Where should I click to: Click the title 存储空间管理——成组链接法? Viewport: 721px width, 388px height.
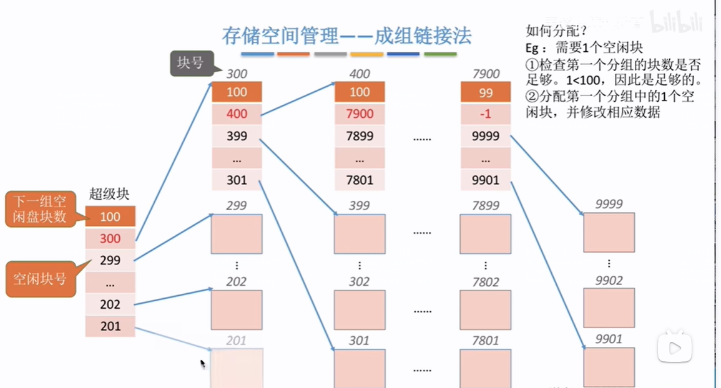pyautogui.click(x=347, y=35)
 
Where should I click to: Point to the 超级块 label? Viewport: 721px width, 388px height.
pyautogui.click(x=109, y=194)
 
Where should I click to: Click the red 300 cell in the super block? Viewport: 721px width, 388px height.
pyautogui.click(x=110, y=239)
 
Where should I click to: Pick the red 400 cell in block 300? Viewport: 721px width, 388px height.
pyautogui.click(x=237, y=114)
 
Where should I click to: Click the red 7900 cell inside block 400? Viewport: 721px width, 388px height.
pyautogui.click(x=360, y=114)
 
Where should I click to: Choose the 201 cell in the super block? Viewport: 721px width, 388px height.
pyautogui.click(x=110, y=326)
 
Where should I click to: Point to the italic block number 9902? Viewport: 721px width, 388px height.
pyautogui.click(x=609, y=281)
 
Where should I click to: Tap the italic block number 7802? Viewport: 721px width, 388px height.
pyautogui.click(x=486, y=282)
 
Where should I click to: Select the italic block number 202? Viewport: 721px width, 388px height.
pyautogui.click(x=237, y=282)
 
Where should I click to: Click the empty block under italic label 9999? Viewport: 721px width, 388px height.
pyautogui.click(x=609, y=232)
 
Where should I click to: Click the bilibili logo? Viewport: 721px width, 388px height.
pyautogui.click(x=677, y=24)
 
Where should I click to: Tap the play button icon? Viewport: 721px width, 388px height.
pyautogui.click(x=674, y=348)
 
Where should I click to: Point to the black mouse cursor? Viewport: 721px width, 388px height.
pyautogui.click(x=202, y=362)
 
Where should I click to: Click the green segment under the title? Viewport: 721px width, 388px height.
pyautogui.click(x=440, y=55)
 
